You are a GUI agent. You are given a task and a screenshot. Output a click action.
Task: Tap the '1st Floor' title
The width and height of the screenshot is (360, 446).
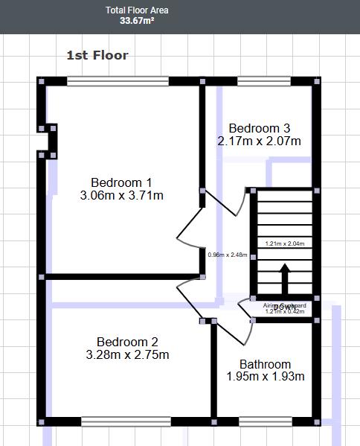click(97, 55)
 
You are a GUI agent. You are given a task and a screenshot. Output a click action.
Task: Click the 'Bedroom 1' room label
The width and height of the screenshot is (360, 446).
click(121, 182)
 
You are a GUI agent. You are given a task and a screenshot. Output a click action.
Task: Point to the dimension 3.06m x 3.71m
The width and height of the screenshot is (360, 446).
click(121, 196)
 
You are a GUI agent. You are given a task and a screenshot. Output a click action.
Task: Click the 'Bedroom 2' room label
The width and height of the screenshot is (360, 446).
click(127, 342)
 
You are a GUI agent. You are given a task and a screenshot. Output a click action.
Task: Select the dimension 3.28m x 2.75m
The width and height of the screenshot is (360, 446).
click(127, 355)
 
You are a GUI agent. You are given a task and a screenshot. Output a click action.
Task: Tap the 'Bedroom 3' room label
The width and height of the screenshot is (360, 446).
click(259, 127)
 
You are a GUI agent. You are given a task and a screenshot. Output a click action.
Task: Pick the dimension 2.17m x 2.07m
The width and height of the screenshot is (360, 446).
click(259, 141)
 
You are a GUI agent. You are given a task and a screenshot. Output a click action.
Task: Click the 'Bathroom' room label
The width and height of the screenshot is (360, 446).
click(265, 364)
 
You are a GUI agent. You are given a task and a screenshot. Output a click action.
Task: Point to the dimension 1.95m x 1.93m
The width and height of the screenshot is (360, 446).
click(265, 377)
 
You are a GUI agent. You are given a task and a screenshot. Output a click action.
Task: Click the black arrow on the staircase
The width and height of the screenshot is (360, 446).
click(283, 281)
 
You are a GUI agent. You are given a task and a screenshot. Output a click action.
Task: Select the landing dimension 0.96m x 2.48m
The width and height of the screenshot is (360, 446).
click(227, 255)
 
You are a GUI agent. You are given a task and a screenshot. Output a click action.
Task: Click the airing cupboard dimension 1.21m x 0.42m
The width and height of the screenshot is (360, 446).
click(284, 313)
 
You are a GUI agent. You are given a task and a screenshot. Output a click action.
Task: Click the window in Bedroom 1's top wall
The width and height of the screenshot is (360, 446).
click(118, 81)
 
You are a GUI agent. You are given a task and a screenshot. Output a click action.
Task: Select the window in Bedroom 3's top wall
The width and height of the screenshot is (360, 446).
click(264, 81)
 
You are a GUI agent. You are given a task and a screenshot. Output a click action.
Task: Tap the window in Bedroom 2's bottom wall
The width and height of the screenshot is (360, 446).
click(126, 422)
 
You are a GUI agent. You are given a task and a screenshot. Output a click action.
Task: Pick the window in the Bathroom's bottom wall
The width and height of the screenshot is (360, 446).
click(266, 422)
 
